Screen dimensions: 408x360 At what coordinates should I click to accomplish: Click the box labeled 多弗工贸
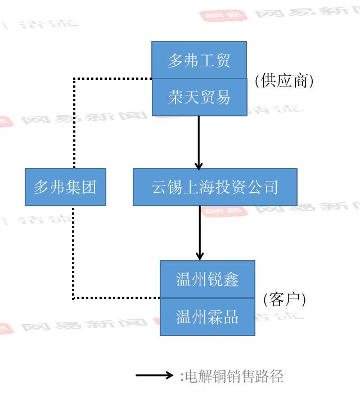pyautogui.click(x=199, y=60)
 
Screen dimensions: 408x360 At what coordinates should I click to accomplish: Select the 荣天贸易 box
pyautogui.click(x=199, y=97)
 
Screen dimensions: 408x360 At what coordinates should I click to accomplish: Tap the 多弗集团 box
pyautogui.click(x=65, y=187)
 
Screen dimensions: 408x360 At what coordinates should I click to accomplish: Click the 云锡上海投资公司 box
pyautogui.click(x=215, y=187)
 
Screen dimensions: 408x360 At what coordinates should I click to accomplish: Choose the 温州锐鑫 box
pyautogui.click(x=208, y=279)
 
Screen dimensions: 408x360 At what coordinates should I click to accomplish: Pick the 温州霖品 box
pyautogui.click(x=208, y=317)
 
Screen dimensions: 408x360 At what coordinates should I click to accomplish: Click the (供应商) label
pyautogui.click(x=284, y=80)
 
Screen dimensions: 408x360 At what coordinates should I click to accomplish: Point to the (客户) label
pyautogui.click(x=285, y=299)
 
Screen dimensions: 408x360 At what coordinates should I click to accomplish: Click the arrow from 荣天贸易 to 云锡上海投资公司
pyautogui.click(x=199, y=140)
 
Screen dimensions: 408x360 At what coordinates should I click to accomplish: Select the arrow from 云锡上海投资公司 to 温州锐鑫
pyautogui.click(x=200, y=232)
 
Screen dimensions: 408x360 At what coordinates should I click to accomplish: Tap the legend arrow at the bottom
pyautogui.click(x=154, y=375)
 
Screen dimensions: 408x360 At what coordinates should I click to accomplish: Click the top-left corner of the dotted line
pyautogui.click(x=74, y=79)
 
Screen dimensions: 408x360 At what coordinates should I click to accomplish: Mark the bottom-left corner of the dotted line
pyautogui.click(x=73, y=298)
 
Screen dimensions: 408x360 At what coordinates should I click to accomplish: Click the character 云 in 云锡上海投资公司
pyautogui.click(x=160, y=187)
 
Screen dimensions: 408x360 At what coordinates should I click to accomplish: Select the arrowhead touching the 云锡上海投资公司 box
pyautogui.click(x=199, y=165)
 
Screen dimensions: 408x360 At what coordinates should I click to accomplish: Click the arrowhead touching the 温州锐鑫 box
pyautogui.click(x=200, y=256)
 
